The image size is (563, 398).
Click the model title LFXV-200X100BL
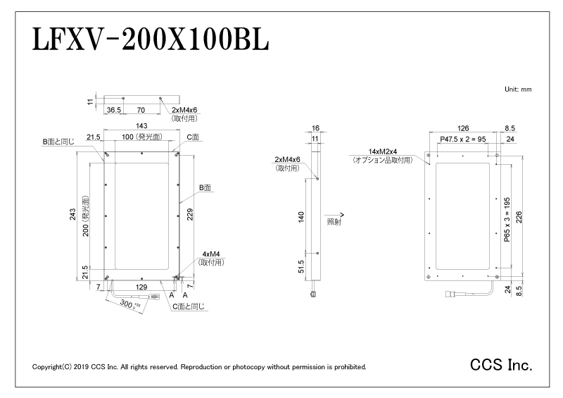(x=151, y=39)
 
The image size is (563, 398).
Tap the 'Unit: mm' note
(x=518, y=89)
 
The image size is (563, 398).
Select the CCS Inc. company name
(x=501, y=365)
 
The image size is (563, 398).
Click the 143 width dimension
(x=141, y=125)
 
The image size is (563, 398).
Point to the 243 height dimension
(x=73, y=214)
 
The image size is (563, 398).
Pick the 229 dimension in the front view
(x=190, y=214)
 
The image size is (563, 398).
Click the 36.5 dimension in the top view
(x=114, y=110)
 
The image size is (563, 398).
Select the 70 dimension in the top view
(x=141, y=110)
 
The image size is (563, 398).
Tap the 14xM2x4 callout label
(x=383, y=151)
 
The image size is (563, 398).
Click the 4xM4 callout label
(x=210, y=254)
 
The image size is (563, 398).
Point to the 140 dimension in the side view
(x=301, y=217)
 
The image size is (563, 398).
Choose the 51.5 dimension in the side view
(x=301, y=266)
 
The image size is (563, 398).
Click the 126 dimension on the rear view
(x=463, y=128)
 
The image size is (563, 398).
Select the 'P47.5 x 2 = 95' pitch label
(x=463, y=139)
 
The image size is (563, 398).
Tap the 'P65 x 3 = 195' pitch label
(x=507, y=219)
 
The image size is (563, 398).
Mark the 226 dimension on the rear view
(x=519, y=217)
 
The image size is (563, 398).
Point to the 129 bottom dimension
(x=141, y=287)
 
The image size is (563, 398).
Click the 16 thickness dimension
(x=315, y=128)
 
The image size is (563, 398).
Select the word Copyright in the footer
(x=47, y=367)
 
